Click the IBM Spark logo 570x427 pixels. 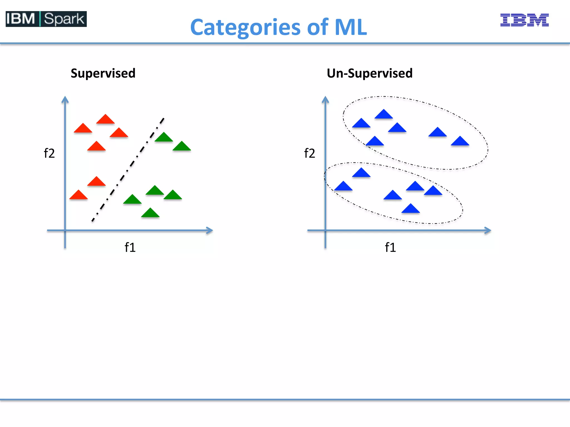point(46,19)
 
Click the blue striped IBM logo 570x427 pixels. point(524,20)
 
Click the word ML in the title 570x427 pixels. point(351,27)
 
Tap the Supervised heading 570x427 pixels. point(103,73)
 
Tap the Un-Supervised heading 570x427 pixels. point(370,73)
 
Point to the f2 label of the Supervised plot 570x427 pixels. point(49,153)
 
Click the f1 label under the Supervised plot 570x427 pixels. point(130,247)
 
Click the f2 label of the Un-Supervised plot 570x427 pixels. point(309,153)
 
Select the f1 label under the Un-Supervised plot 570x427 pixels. point(390,247)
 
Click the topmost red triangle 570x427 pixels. point(105,120)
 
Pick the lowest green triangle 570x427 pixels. point(150,213)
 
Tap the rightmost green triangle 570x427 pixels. point(182,147)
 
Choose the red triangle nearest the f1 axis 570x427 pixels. point(78,195)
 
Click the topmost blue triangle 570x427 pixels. point(384,115)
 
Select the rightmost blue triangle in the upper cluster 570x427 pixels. point(460,142)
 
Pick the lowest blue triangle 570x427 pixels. point(411,209)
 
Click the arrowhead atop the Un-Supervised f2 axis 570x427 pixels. point(325,99)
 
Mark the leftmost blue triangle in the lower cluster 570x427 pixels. point(343,187)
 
